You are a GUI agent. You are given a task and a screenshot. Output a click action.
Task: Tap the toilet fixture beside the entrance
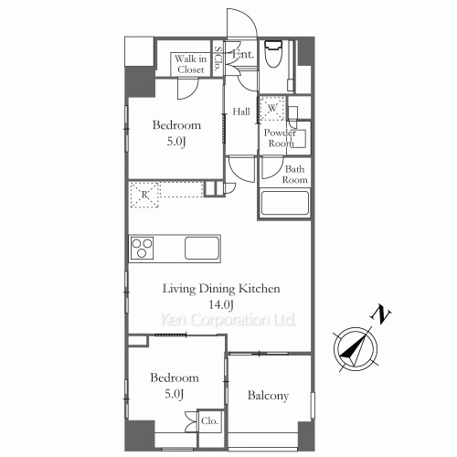click(x=273, y=56)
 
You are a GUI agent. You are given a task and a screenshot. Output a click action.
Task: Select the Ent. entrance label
click(x=243, y=55)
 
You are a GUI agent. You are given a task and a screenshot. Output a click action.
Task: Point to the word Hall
click(x=241, y=112)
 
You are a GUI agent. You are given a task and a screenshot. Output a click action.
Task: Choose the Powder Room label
click(x=279, y=138)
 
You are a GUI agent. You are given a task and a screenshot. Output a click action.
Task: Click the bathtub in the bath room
click(x=285, y=202)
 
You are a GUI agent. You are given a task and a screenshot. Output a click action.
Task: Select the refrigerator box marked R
click(x=145, y=195)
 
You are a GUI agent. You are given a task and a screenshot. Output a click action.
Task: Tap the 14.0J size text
click(x=223, y=303)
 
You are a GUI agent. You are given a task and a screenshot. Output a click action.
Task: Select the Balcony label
click(x=269, y=396)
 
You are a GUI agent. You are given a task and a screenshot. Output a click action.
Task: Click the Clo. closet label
click(x=209, y=423)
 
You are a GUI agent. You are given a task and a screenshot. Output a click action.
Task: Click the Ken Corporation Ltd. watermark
click(x=228, y=320)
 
